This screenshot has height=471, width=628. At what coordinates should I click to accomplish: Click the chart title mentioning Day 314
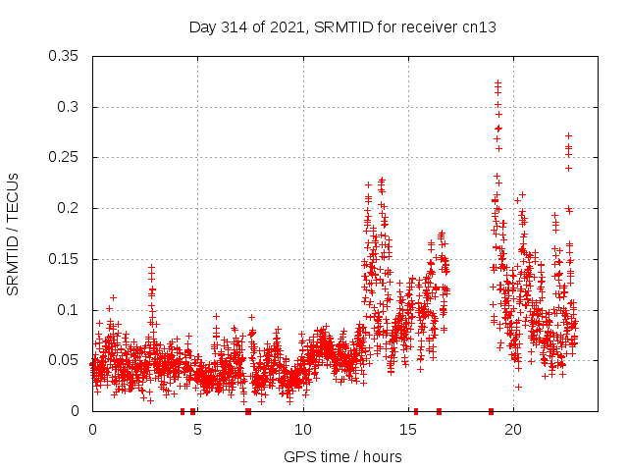(342, 27)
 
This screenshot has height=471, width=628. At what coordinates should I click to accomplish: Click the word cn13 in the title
(479, 27)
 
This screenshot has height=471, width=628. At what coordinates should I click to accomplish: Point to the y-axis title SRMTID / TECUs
(13, 234)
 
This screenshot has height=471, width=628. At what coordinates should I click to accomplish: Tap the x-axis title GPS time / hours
(342, 456)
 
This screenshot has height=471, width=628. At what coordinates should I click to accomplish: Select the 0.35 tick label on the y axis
(66, 56)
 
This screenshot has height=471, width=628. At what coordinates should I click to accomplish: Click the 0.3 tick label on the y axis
(71, 107)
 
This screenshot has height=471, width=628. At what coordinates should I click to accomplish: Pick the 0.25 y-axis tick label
(66, 157)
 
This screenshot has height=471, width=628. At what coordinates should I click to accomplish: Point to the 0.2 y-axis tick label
(71, 208)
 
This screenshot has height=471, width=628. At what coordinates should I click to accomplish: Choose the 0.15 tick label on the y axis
(66, 259)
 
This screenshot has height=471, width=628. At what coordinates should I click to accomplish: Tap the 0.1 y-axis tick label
(71, 310)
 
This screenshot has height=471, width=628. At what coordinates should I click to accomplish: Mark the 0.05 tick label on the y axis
(66, 360)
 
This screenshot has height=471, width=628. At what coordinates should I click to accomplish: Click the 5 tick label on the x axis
(197, 430)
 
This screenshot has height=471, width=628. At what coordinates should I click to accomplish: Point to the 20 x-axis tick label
(513, 430)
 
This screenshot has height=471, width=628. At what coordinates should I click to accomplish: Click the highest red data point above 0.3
(497, 83)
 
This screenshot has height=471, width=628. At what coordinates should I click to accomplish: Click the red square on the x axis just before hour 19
(491, 411)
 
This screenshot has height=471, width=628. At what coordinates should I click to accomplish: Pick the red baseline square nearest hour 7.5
(248, 411)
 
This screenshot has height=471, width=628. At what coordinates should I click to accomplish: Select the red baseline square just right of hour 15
(416, 411)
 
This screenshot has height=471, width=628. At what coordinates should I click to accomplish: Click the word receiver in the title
(428, 27)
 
